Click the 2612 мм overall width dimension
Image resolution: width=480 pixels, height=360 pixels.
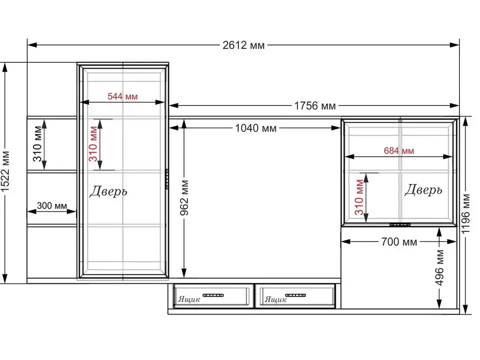243,45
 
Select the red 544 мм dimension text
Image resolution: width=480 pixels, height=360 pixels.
122,96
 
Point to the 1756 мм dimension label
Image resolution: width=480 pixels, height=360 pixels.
315,106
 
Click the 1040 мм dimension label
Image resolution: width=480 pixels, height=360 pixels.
256,128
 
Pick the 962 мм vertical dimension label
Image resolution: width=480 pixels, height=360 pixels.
184,198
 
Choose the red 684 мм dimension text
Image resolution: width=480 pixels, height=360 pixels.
399,151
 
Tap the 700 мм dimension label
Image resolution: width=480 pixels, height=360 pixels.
399,242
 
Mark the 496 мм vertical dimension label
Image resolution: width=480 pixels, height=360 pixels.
439,268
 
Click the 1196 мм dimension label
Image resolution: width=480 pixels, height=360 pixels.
465,214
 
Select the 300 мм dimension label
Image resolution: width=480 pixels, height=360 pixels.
52,206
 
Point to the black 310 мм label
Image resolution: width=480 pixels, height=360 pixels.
37,144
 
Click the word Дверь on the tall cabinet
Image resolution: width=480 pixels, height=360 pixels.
108,191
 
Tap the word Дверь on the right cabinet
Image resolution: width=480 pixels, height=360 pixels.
424,190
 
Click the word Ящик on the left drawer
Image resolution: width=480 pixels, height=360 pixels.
189,299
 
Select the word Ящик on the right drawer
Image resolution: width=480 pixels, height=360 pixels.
276,299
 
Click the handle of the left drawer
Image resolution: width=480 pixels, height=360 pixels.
213,295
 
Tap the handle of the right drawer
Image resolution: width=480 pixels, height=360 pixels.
295,295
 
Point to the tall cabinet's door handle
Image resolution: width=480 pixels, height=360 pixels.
167,179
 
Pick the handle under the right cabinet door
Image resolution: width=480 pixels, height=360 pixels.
400,225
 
